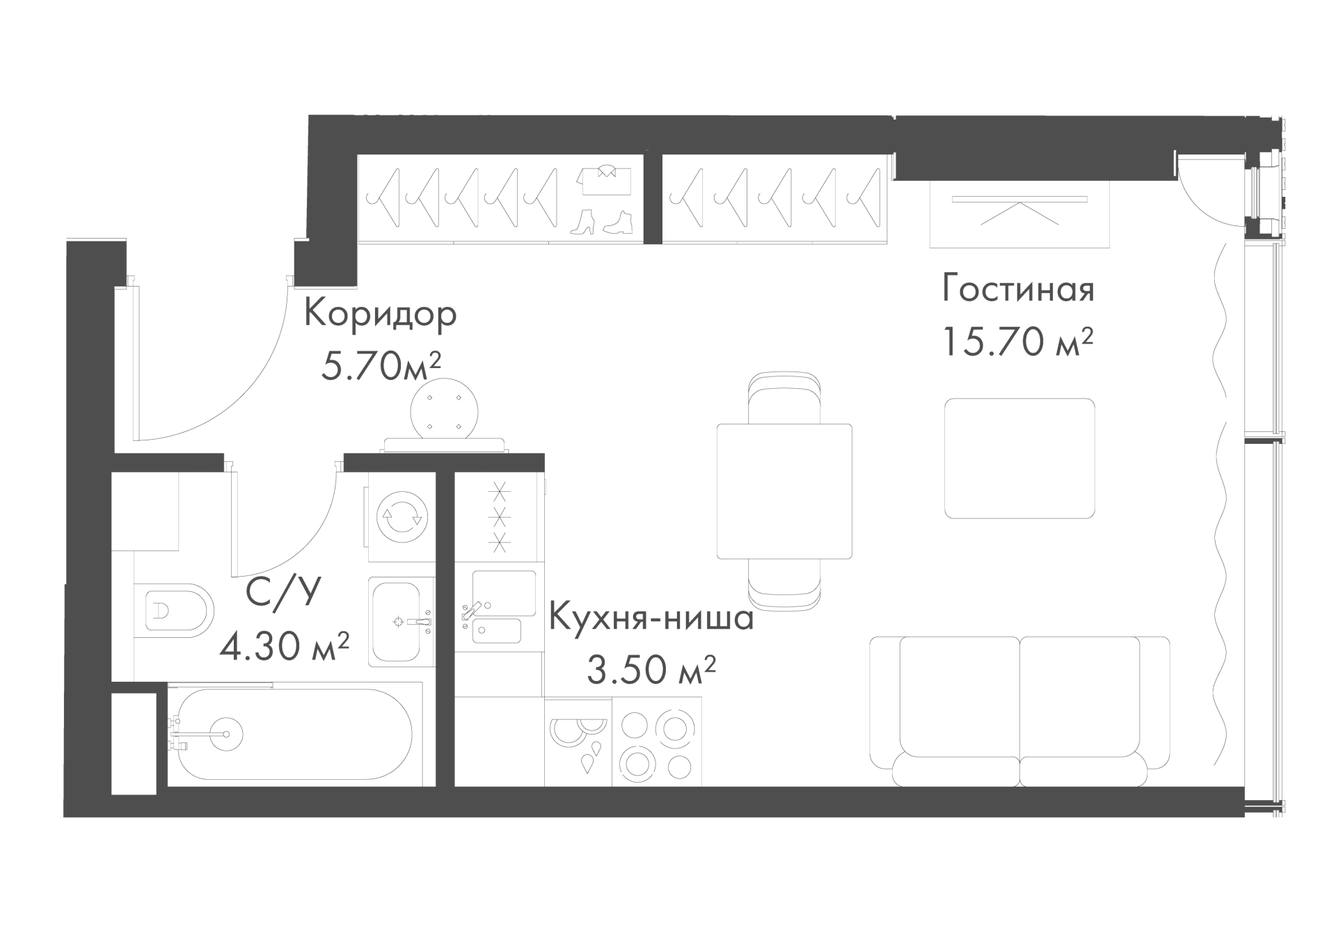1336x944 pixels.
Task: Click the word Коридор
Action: coord(381,314)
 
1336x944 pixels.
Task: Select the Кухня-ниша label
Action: coord(651,617)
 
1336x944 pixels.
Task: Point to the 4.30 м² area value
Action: coord(284,647)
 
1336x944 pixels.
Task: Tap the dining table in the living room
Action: coord(784,490)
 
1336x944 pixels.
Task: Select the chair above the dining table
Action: coord(784,398)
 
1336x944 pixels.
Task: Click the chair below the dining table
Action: coord(784,583)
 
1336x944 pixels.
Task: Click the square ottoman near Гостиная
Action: coord(1019,458)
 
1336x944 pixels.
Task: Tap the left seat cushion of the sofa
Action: coord(960,696)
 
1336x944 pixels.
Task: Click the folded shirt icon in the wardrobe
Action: coord(604,180)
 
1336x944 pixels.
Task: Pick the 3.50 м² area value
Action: coord(651,669)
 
